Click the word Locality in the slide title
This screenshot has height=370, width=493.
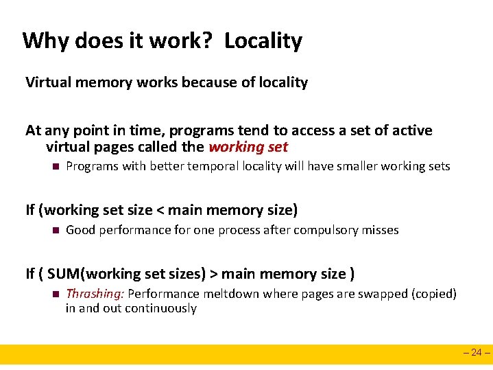click(x=263, y=41)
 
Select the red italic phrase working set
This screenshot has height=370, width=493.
click(x=248, y=147)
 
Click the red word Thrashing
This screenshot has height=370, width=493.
click(x=95, y=294)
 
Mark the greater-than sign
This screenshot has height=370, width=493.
click(x=213, y=274)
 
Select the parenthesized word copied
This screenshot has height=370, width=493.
click(x=433, y=294)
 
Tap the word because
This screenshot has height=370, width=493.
click(x=213, y=83)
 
